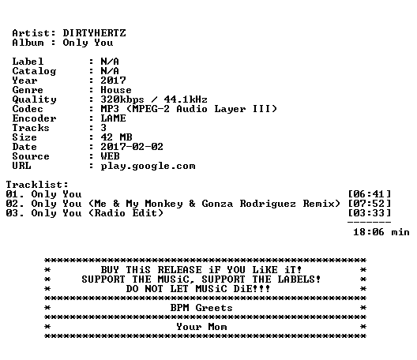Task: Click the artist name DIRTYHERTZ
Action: tap(95, 33)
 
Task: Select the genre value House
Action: tap(116, 90)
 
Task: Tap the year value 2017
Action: tap(113, 81)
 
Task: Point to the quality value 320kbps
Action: tap(122, 100)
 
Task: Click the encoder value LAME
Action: tap(113, 118)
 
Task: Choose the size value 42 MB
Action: tap(116, 137)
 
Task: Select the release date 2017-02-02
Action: tap(132, 147)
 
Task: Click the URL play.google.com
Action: tap(148, 167)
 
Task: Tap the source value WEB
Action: tap(110, 156)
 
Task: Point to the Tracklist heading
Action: tap(37, 185)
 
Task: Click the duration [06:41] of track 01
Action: tap(370, 194)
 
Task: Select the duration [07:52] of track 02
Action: tap(370, 204)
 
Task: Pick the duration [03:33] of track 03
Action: tap(370, 213)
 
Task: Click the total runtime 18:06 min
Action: tap(381, 232)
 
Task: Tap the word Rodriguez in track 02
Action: tap(268, 204)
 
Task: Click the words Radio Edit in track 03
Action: tap(126, 213)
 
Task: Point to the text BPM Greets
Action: tap(201, 308)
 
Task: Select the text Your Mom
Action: tap(201, 327)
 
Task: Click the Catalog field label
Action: tap(34, 71)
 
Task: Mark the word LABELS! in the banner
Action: tap(299, 279)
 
